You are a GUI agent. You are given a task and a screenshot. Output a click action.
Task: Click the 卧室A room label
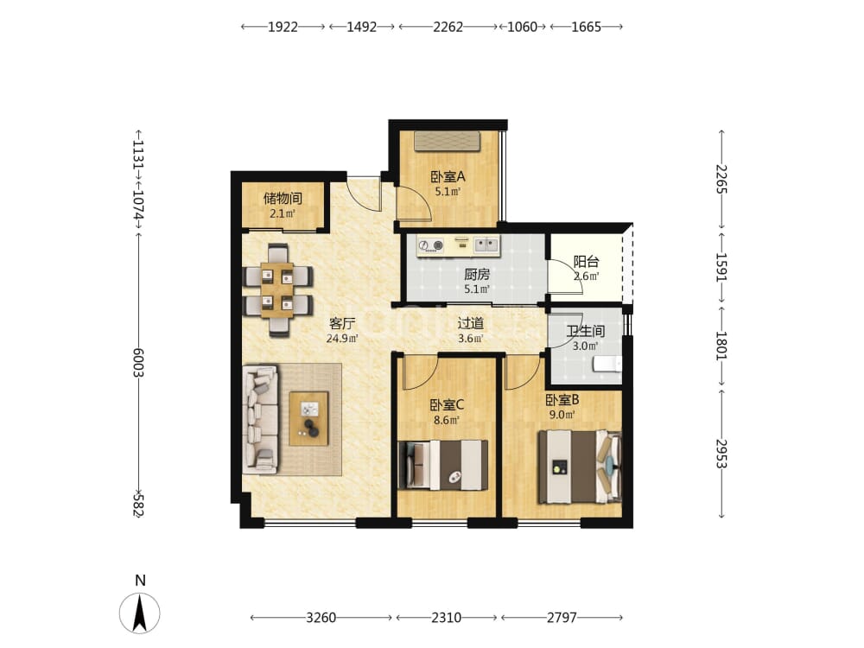[x=448, y=177]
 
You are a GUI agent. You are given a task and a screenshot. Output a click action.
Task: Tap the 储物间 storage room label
[x=283, y=199]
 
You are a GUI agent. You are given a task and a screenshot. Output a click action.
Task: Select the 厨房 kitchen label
[x=477, y=275]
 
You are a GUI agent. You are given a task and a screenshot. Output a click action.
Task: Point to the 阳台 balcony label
[x=586, y=262]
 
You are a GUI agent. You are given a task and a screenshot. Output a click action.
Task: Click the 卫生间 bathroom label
[x=586, y=331]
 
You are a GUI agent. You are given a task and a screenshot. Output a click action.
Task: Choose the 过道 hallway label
[x=470, y=323]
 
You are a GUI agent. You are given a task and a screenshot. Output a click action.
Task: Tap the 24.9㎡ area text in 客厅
[x=342, y=339]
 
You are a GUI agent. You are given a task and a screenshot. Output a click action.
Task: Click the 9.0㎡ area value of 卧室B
[x=562, y=415]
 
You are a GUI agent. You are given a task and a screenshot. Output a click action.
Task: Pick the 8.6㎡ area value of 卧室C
[x=447, y=421]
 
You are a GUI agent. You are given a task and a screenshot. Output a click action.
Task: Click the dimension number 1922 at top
[x=283, y=27]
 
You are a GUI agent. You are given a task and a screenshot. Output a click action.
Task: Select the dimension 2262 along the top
[x=448, y=27]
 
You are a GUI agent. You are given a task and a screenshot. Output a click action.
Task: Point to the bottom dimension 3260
[x=321, y=617]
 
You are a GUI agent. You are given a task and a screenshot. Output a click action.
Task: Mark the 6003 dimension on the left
[x=138, y=362]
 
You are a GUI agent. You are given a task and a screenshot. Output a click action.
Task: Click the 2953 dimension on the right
[x=721, y=454]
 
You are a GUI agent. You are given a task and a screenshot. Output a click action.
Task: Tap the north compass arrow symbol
[x=140, y=613]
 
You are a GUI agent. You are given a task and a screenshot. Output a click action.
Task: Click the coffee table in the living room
[x=308, y=418]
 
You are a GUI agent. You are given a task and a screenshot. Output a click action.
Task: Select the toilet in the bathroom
[x=607, y=365]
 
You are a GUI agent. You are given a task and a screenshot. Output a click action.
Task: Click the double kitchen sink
[x=486, y=245]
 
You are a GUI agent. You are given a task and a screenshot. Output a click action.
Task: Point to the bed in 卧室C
[x=442, y=465]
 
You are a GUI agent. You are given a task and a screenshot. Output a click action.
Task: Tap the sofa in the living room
[x=260, y=419]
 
